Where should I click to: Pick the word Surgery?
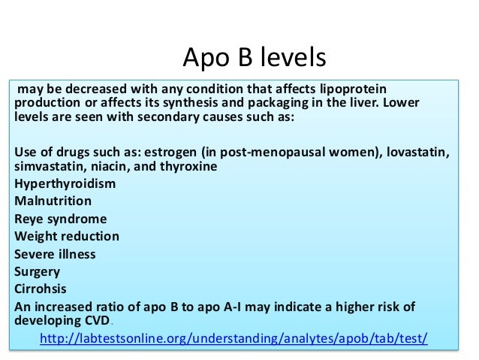coord(38,271)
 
